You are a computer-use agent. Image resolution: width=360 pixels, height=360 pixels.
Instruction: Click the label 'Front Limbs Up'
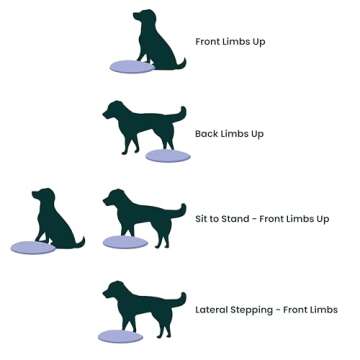(230, 42)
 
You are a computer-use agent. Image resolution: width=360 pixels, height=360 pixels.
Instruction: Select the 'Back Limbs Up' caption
(229, 134)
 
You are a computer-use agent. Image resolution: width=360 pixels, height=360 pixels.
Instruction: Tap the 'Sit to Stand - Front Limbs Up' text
(261, 219)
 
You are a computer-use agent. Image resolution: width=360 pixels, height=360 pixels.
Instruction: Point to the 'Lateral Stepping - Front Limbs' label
(266, 310)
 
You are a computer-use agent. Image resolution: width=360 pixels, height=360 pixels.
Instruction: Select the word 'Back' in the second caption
(205, 134)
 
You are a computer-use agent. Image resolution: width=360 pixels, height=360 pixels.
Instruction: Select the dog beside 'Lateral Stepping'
(142, 302)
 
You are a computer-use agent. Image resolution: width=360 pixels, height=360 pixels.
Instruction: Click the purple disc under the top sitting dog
(132, 67)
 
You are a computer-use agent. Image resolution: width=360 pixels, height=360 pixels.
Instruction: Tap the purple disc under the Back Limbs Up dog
(167, 156)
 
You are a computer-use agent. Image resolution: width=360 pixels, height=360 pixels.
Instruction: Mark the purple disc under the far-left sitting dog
(33, 247)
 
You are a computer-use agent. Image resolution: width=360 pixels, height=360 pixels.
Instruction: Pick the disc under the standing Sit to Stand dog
(125, 242)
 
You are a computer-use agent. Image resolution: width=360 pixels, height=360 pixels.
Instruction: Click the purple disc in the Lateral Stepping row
(120, 337)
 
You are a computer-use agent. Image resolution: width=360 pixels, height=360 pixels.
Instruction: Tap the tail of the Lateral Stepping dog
(179, 297)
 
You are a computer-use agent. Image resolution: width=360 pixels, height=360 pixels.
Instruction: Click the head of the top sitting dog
(144, 19)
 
